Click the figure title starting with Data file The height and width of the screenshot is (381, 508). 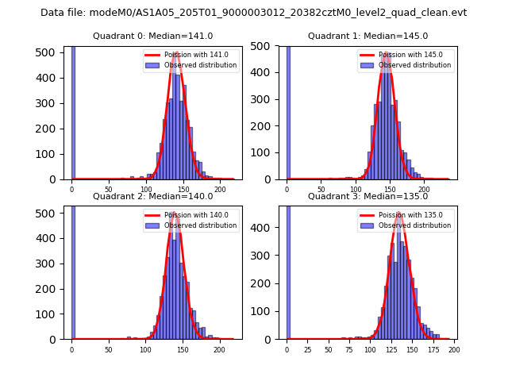click(x=253, y=13)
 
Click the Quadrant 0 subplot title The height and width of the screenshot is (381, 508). click(x=152, y=36)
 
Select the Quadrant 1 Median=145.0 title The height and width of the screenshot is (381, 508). click(x=368, y=36)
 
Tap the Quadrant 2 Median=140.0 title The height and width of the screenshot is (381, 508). click(x=152, y=196)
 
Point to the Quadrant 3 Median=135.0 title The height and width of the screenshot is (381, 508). click(x=368, y=196)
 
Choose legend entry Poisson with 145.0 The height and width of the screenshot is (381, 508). click(x=404, y=55)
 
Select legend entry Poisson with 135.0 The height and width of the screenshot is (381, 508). click(x=404, y=215)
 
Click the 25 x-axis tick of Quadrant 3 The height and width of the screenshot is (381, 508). click(x=307, y=349)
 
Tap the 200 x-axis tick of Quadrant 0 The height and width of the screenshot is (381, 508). click(x=219, y=189)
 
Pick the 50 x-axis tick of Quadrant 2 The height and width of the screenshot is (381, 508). click(x=109, y=349)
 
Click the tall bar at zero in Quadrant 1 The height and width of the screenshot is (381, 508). click(x=288, y=111)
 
